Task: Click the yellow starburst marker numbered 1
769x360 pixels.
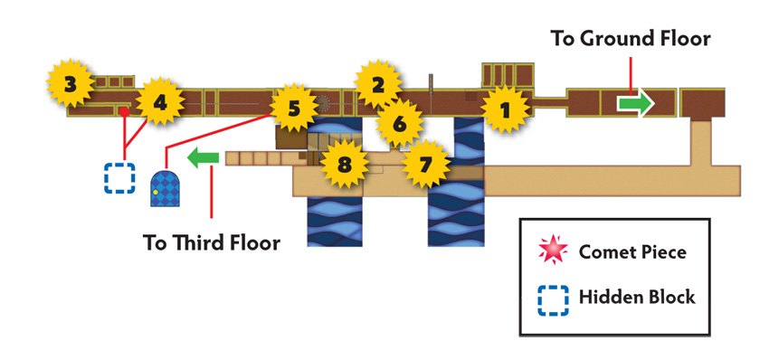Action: coord(506,109)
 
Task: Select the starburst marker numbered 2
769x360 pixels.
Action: coord(377,84)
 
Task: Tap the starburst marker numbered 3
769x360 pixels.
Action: coord(71,83)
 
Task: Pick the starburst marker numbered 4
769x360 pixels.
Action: coord(160,102)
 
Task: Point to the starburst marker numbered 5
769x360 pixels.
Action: coord(293,108)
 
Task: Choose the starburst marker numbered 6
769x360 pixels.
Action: coord(399,124)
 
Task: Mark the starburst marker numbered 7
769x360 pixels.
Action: coord(426,164)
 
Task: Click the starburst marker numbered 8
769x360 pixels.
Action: coord(344,164)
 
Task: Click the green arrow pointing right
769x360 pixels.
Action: coord(636,103)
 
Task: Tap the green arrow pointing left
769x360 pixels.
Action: coord(203,157)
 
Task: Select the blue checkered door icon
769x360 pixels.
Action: coord(165,188)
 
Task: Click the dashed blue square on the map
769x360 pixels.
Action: coord(119,178)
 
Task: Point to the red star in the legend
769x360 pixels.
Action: coord(553,251)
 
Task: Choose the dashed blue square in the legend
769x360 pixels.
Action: coord(553,299)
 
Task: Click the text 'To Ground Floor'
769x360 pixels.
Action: coord(631,38)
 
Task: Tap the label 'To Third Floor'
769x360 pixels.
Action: coord(212,242)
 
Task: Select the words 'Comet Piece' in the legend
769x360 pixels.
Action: coord(632,251)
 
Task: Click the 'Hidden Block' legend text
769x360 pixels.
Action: coord(637,298)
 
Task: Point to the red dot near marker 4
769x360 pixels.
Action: coord(125,112)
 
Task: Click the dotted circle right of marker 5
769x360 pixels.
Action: coord(322,103)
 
